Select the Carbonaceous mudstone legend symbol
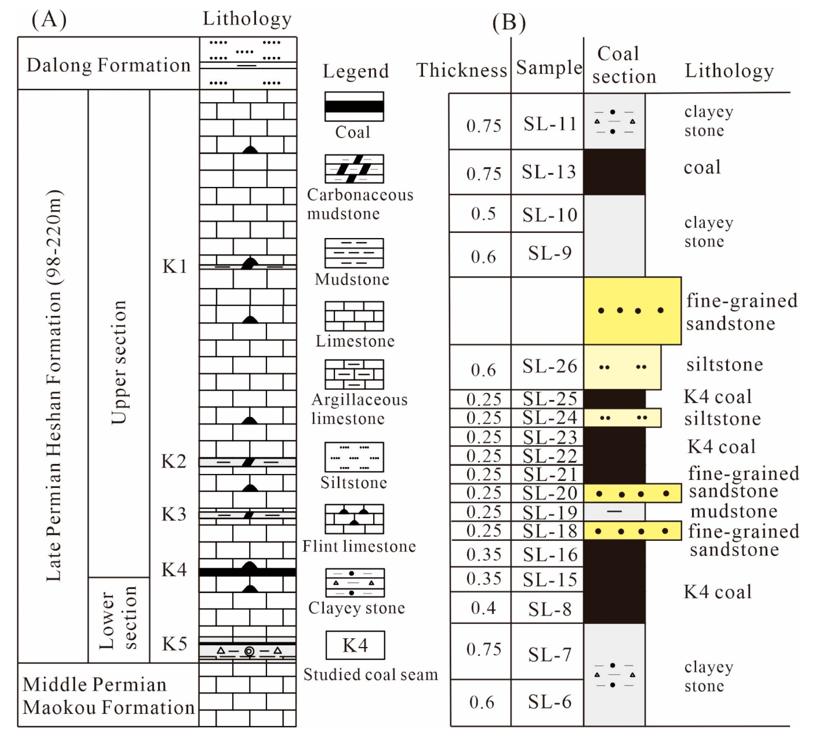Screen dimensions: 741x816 [x=354, y=169]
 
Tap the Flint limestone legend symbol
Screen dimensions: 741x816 [x=354, y=519]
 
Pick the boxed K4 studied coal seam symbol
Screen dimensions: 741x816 [x=355, y=645]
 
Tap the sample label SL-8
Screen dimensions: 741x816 [x=550, y=609]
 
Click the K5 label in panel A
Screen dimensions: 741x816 [x=175, y=643]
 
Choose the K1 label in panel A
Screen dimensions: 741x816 [x=175, y=266]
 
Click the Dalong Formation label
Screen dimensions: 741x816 [x=108, y=65]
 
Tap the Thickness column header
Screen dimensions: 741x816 [x=461, y=70]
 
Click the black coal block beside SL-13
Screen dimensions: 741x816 [x=614, y=172]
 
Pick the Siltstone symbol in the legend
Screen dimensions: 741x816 [x=354, y=457]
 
